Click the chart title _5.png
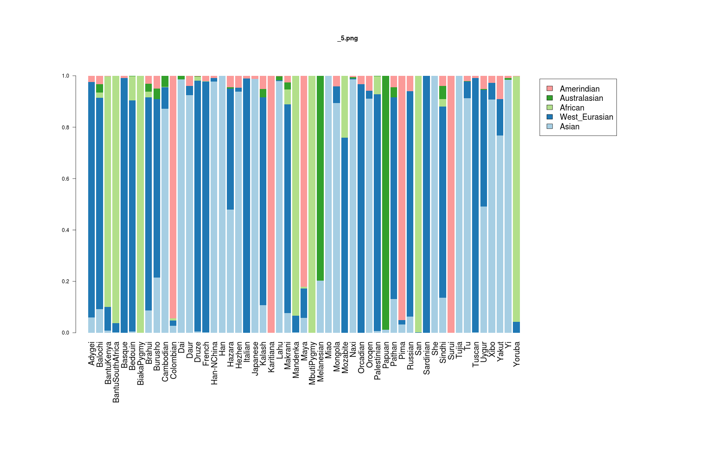tap(347, 38)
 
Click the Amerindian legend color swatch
tap(550, 89)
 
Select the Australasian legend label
tap(581, 98)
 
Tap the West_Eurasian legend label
tap(586, 117)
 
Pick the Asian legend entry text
tap(569, 127)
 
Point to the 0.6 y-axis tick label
tap(65, 179)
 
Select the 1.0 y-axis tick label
tap(65, 76)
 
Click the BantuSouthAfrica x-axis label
tap(116, 372)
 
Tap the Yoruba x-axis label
tap(516, 354)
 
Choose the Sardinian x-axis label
tap(426, 358)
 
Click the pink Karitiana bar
tap(271, 204)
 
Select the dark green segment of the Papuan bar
tap(386, 202)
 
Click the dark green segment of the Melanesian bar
tap(320, 178)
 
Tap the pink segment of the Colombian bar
tap(173, 197)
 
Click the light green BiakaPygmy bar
tap(140, 204)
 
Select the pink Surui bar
tap(451, 204)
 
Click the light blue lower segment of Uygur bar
tap(484, 270)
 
